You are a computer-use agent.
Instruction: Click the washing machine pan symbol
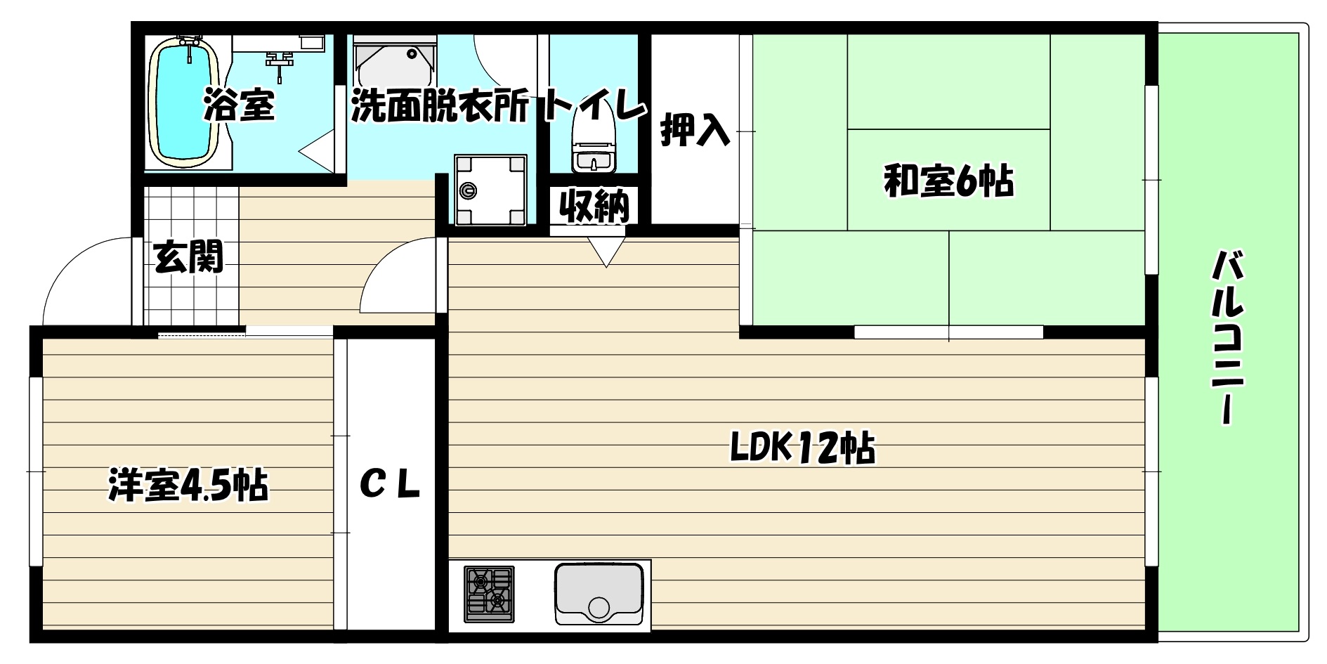click(x=490, y=190)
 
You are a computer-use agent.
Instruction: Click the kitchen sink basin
click(x=599, y=594)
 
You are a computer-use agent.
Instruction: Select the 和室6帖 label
click(x=948, y=181)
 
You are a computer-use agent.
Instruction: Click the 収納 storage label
click(x=594, y=206)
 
